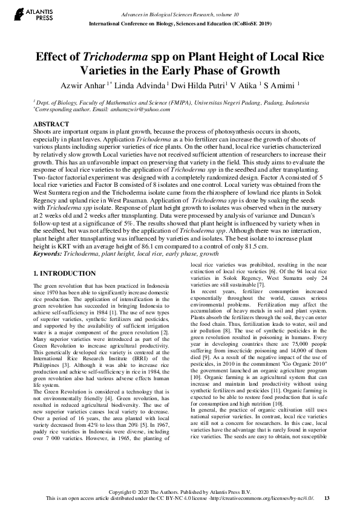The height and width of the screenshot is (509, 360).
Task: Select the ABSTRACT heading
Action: pos(51,123)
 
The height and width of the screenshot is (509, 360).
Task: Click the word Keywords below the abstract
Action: pos(48,254)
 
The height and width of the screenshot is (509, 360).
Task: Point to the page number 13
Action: pos(327,498)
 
